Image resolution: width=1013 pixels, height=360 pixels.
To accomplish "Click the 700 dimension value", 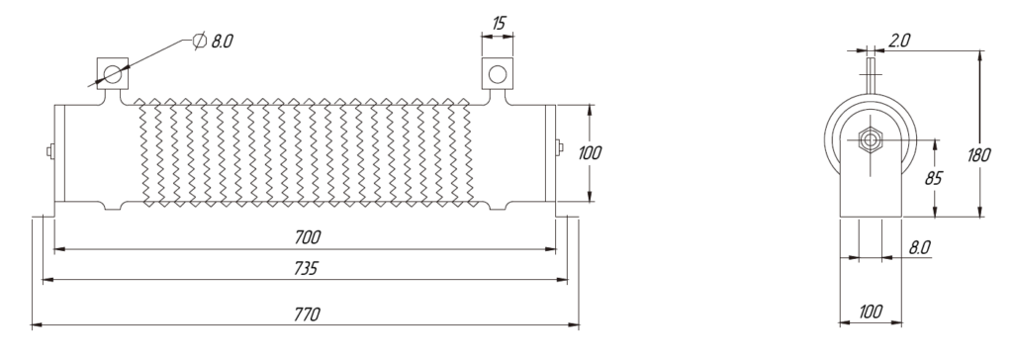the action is (x=307, y=237).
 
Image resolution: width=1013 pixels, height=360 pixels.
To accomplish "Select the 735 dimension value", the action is (x=306, y=268).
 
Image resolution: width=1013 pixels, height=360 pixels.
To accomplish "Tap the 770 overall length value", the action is (x=307, y=315).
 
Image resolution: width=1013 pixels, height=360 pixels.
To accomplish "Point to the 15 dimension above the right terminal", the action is (x=499, y=24).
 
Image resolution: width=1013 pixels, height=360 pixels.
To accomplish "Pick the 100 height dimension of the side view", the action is (x=590, y=153).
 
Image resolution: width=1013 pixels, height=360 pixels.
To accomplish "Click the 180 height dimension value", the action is (x=979, y=155).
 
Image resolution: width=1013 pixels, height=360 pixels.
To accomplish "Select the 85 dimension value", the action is (x=934, y=178).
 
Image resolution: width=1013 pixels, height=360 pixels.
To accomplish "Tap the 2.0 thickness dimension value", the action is (x=899, y=41).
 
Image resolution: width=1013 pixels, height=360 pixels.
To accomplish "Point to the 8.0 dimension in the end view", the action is (x=919, y=247).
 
